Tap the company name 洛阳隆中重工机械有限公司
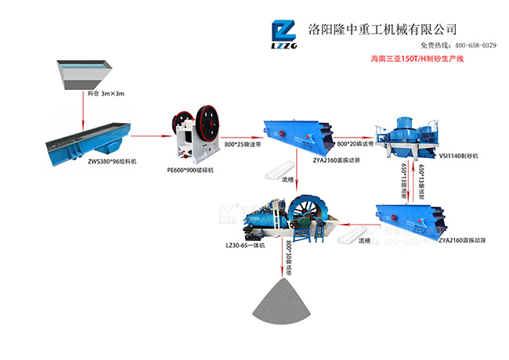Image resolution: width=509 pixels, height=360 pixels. (384, 29)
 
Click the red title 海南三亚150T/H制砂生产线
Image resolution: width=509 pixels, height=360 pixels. (417, 60)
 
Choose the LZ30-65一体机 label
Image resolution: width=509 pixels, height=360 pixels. (246, 244)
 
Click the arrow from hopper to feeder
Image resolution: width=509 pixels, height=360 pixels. (85, 110)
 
